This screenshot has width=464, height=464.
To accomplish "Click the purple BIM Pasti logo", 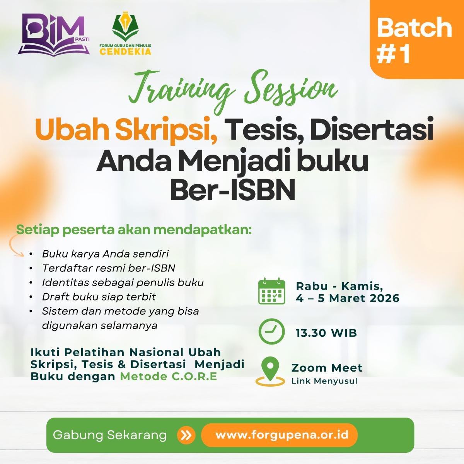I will (53, 35).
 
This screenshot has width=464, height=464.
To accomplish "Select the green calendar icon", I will (271, 291).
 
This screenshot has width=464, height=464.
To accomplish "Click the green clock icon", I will (271, 332).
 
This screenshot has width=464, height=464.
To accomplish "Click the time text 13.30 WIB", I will (326, 333).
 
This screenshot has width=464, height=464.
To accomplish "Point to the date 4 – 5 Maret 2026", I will (348, 299).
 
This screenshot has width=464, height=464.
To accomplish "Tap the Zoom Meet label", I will (327, 368).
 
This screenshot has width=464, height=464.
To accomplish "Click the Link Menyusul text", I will (324, 381).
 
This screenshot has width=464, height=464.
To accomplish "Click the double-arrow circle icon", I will (186, 435).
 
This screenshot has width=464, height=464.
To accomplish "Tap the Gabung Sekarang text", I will (110, 435).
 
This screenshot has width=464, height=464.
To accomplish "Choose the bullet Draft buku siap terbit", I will (99, 297).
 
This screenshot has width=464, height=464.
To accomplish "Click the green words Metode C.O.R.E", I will (168, 376).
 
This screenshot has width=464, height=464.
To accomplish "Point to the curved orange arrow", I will (15, 246).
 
